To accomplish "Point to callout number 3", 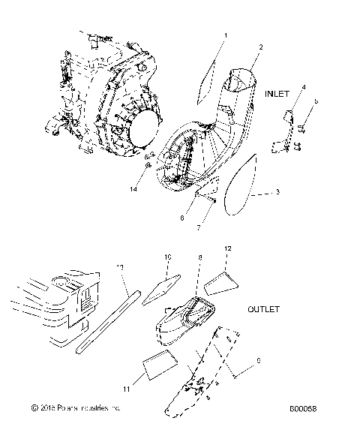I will pos(277,193).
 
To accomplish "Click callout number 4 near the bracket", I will pos(304,88).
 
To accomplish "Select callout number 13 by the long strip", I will pos(120,266).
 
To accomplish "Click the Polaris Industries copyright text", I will pos(75,408).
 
